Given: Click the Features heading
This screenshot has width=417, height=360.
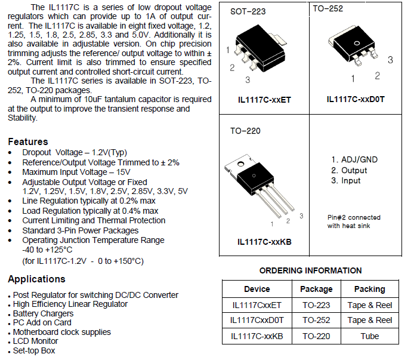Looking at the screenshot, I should [x=28, y=141].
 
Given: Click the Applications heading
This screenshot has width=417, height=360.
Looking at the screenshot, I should [x=37, y=279].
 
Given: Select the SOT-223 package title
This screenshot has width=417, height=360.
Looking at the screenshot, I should [x=248, y=11].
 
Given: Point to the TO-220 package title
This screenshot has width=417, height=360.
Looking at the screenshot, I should [x=245, y=131].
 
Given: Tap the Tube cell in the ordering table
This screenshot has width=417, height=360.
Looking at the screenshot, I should [x=370, y=336].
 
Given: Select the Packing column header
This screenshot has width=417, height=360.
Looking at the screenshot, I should [x=370, y=289].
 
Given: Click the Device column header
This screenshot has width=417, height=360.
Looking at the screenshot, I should [x=257, y=289].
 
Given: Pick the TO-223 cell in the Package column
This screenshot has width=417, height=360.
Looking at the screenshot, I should [x=316, y=305].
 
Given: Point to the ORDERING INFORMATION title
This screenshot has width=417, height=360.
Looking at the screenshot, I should [x=310, y=270].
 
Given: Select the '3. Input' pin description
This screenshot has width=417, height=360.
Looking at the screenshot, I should [x=346, y=181].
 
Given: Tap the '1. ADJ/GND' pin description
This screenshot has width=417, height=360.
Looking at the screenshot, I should [x=354, y=159].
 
